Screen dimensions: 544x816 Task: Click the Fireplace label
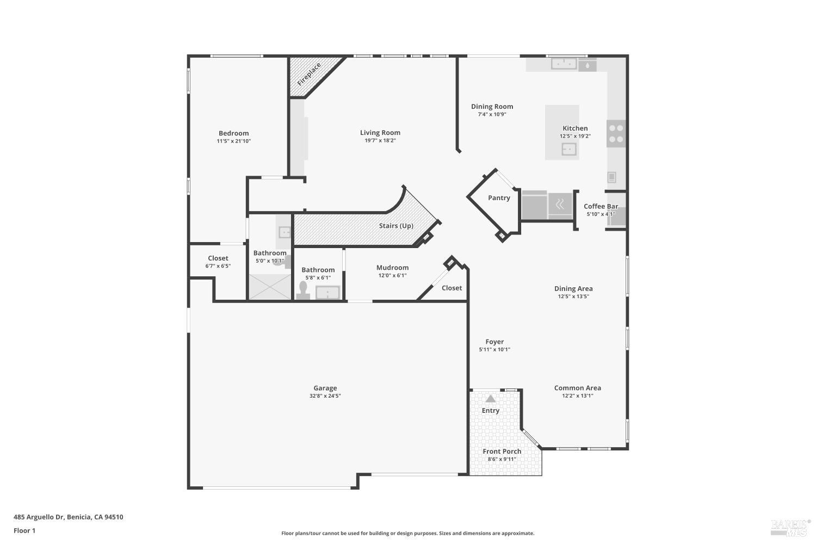click(x=308, y=75)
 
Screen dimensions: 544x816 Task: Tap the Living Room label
click(x=380, y=133)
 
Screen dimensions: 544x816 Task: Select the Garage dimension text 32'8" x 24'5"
click(x=325, y=396)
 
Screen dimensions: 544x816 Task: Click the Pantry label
click(x=499, y=198)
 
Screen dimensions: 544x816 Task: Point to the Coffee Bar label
click(x=601, y=207)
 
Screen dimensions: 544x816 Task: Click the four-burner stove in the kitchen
click(x=616, y=134)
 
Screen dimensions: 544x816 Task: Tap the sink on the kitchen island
click(x=568, y=149)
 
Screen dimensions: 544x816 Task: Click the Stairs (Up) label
click(x=396, y=226)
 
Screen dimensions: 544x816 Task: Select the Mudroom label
click(x=392, y=268)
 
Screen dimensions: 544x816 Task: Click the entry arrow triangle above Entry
click(x=491, y=399)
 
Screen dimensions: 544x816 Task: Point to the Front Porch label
click(x=502, y=452)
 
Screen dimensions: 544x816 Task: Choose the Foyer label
click(x=494, y=342)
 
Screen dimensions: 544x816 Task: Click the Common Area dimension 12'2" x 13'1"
click(x=577, y=396)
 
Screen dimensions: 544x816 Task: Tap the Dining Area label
click(x=573, y=289)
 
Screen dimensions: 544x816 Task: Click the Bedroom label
click(x=233, y=133)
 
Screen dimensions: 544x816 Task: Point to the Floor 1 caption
click(x=24, y=530)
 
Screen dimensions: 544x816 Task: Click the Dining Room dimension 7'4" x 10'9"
click(x=492, y=115)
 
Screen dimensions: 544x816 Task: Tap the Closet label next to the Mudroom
click(x=452, y=288)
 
